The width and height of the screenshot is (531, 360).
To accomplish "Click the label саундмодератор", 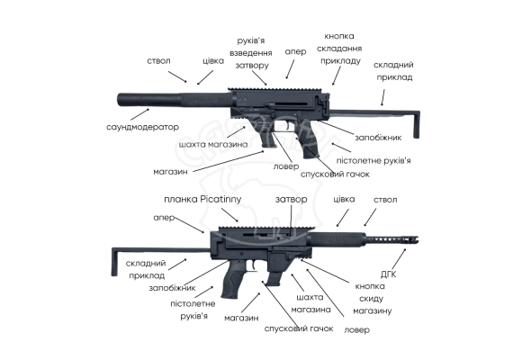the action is (142, 127).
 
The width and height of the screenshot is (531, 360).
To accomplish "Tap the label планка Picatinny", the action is (202, 199).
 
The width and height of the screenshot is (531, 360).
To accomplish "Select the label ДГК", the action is (388, 274).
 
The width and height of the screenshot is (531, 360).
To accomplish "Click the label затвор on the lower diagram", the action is (291, 200).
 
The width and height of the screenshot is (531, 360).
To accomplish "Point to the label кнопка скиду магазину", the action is (372, 299).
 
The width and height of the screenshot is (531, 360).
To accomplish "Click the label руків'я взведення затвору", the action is (251, 53).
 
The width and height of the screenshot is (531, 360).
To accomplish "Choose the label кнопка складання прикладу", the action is (339, 49).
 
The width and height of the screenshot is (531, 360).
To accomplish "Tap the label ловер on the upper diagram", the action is (286, 166).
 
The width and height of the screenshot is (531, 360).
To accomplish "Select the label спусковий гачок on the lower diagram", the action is (299, 328).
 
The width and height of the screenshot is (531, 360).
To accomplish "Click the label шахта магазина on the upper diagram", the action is (213, 144).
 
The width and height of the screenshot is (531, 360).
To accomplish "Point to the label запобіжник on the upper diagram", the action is (378, 138).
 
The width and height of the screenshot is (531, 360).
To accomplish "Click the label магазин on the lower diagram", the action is (241, 318).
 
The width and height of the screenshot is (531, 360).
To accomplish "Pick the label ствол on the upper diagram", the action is (158, 61).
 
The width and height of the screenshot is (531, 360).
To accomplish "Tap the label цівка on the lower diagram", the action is (344, 199).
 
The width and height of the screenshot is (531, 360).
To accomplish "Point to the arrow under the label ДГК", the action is (399, 259).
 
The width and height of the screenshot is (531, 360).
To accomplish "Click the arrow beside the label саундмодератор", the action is (139, 114).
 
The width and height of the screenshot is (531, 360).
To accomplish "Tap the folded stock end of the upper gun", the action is (417, 124).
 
